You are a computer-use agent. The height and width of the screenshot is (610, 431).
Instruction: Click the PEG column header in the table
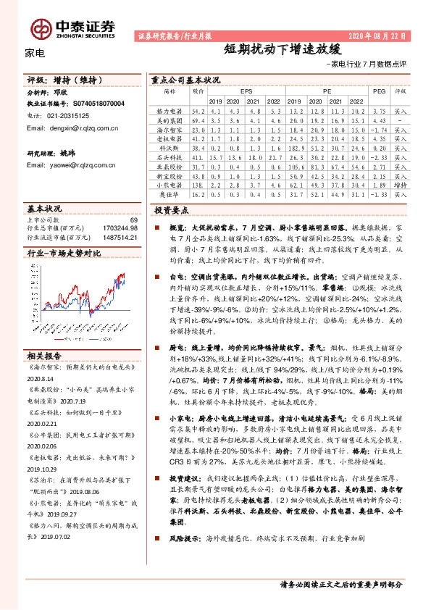(x=378, y=93)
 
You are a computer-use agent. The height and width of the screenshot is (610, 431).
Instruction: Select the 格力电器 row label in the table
(x=169, y=112)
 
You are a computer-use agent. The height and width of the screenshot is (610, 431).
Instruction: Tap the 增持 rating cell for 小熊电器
(x=401, y=185)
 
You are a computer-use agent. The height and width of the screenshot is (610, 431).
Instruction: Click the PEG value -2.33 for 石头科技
(x=379, y=156)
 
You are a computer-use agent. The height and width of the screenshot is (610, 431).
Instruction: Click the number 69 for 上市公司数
(x=133, y=220)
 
